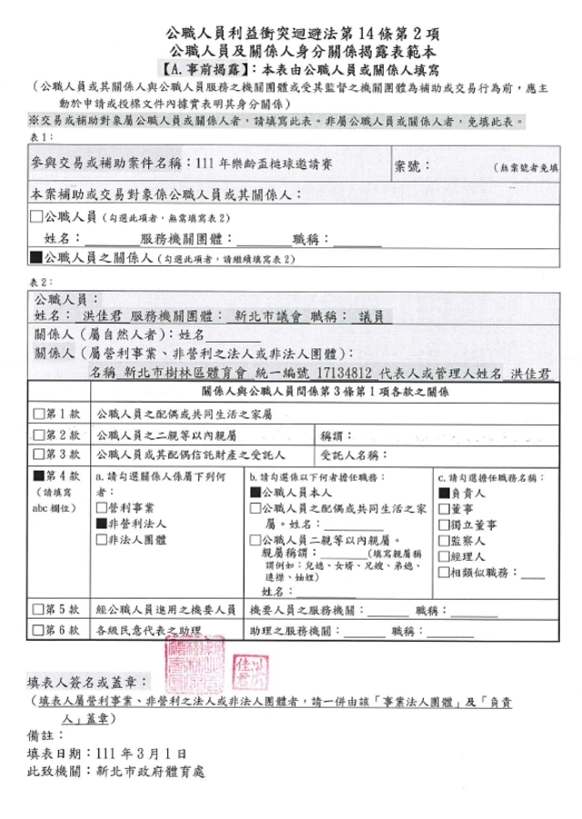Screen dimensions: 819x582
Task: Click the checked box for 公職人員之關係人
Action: (36, 259)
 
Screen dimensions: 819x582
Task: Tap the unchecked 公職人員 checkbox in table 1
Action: (36, 217)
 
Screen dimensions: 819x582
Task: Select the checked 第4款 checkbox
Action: (38, 475)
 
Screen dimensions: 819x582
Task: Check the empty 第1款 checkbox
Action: (38, 413)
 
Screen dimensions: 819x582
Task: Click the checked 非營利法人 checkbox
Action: (101, 524)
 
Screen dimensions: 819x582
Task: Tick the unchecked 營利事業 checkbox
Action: (101, 507)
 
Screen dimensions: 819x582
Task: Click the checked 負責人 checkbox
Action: (443, 492)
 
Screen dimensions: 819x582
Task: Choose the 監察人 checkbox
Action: (443, 540)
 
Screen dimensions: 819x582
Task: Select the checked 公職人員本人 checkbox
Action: (256, 492)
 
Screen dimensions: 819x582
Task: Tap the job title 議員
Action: (371, 316)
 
